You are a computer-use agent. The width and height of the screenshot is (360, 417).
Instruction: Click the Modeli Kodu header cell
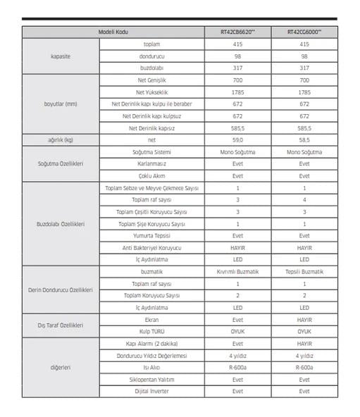(113, 32)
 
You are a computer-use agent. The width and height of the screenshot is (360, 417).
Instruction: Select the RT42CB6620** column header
(237, 32)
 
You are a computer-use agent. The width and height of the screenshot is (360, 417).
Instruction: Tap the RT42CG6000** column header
(304, 32)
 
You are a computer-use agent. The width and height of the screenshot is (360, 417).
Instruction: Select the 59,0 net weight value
(237, 140)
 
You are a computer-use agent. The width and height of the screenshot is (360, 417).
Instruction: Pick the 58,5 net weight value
(304, 140)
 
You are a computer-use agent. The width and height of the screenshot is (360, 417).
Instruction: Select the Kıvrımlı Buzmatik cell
(237, 271)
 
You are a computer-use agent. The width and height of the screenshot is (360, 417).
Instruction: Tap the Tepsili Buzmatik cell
(304, 271)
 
